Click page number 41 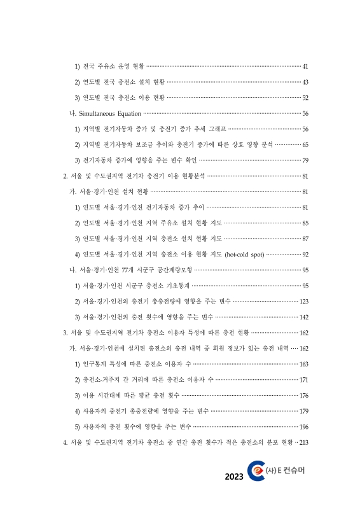point(305,67)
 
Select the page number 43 point(305,82)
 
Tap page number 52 point(305,98)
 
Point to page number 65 point(305,144)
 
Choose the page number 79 point(305,160)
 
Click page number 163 point(304,364)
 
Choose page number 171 point(304,380)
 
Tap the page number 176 point(304,395)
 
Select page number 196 point(304,426)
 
